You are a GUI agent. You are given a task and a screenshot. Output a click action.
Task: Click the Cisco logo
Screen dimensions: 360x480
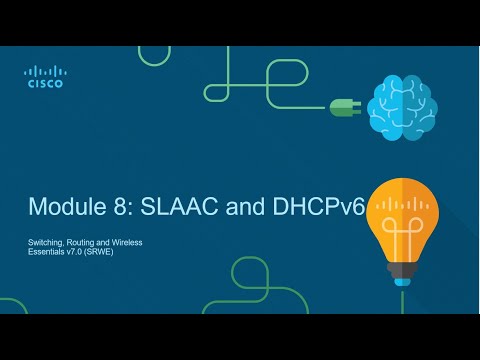point(44,76)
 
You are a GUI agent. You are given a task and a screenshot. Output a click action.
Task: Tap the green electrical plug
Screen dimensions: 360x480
point(342,106)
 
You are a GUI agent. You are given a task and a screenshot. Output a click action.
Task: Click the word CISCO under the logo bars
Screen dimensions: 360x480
point(44,84)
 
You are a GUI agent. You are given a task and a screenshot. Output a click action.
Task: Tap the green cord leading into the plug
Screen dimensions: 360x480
point(300,100)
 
